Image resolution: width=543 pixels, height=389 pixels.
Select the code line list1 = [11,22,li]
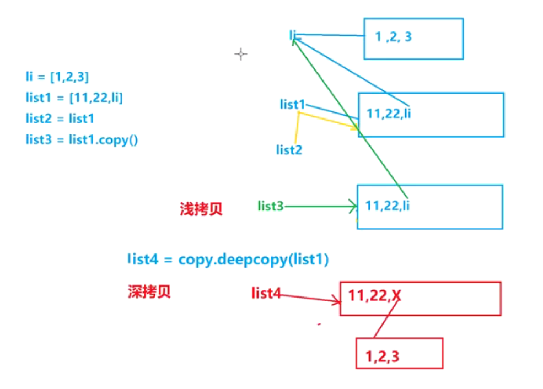click(74, 98)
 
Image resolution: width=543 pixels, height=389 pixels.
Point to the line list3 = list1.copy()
click(82, 139)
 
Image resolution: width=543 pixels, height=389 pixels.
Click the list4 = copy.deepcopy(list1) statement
click(228, 260)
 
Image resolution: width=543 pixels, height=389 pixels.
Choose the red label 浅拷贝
click(201, 209)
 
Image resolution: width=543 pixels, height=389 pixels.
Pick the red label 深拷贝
click(149, 291)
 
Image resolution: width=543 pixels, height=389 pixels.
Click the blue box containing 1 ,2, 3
click(413, 39)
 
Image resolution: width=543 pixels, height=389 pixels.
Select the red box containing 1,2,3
click(399, 353)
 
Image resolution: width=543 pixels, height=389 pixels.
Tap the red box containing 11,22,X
click(420, 299)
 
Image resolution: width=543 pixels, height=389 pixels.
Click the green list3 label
click(270, 206)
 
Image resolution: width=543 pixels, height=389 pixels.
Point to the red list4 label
click(265, 293)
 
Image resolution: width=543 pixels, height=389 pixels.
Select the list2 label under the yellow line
click(289, 149)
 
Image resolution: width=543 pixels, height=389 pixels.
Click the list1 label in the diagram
click(292, 104)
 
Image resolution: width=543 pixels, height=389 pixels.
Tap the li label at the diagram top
click(293, 35)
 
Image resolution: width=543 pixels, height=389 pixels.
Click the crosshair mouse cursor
click(240, 54)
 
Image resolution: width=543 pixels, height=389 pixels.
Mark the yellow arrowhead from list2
click(355, 128)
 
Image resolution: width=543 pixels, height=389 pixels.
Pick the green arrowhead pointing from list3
click(353, 207)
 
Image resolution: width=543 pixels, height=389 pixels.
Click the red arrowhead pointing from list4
click(337, 301)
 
